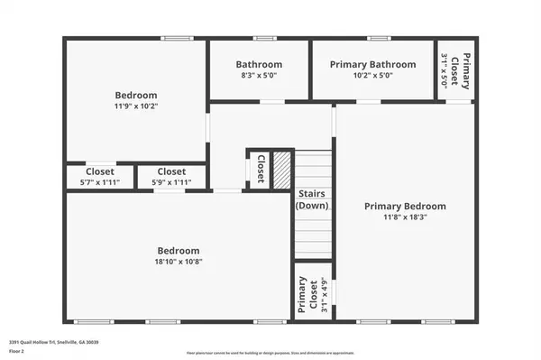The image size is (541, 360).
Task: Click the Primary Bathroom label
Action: click(x=372, y=64)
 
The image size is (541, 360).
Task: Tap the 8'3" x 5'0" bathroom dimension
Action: click(x=259, y=77)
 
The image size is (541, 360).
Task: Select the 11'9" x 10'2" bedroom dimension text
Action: click(x=136, y=107)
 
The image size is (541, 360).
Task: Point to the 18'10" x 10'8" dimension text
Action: click(x=179, y=263)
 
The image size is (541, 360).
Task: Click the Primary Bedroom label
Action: click(x=405, y=206)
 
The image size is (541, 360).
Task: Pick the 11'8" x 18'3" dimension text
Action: click(x=405, y=218)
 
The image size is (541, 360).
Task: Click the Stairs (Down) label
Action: click(x=313, y=199)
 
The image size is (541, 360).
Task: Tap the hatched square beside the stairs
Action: click(x=282, y=169)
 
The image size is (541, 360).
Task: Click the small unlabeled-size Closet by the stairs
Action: click(x=260, y=169)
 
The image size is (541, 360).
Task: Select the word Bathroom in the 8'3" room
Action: click(x=259, y=64)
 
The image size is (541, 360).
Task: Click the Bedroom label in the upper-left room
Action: click(x=136, y=95)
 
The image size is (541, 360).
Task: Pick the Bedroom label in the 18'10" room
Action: click(x=179, y=250)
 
